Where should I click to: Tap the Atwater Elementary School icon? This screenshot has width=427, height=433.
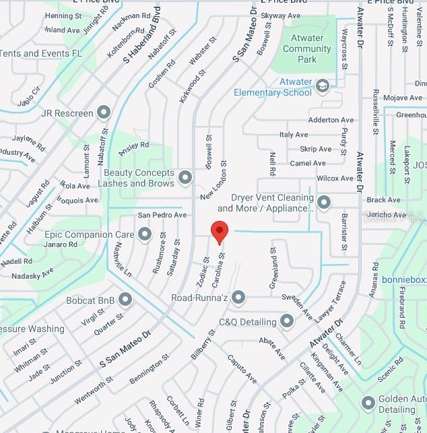322,86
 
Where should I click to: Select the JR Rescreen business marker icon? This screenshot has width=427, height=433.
104,112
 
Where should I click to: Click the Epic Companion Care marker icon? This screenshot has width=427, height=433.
144,234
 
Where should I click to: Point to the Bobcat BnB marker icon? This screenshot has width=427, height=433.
125,299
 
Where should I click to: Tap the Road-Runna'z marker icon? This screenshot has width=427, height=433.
238,297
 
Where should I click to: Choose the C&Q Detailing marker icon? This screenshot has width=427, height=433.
287,321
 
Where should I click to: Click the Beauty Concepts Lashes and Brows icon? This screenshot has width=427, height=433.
185,178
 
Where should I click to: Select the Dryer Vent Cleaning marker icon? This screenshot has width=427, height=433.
324,202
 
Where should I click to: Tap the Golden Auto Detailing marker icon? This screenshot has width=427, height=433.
368,403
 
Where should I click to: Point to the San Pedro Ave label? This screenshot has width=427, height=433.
162,215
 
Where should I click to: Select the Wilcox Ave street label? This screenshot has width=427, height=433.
335,178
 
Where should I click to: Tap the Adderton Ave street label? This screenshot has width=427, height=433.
330,120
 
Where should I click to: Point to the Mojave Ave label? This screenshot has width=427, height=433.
403,98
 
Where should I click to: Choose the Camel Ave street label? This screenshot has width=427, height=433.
308,163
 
